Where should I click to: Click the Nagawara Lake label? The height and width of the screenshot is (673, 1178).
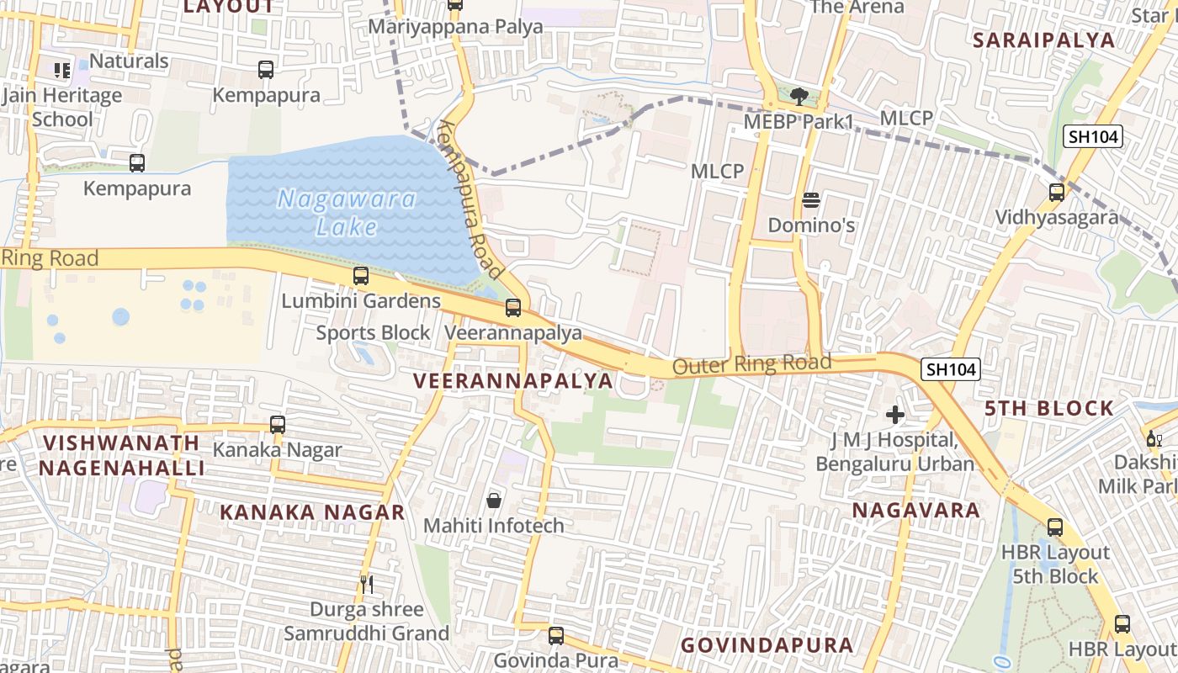coord(347,213)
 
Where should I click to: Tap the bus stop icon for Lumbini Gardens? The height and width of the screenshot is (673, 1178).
coord(361,275)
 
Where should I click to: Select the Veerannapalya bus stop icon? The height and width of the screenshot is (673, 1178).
coord(513,308)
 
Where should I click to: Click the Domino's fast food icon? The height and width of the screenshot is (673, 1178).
coord(811,200)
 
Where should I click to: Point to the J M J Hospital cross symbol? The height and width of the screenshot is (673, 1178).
coord(895,415)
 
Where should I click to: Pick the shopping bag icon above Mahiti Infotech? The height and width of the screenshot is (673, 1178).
coord(494,501)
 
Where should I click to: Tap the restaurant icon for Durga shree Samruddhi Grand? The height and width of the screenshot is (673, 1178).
coord(366,584)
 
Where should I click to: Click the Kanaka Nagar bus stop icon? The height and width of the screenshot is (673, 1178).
coord(278,425)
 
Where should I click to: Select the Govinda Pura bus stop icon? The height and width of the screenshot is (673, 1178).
coord(556,635)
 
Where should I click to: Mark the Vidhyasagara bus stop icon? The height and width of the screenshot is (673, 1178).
coord(1057,193)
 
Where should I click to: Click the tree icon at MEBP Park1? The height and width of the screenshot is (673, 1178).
coord(799,96)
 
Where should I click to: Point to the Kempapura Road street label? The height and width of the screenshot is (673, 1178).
coord(470,199)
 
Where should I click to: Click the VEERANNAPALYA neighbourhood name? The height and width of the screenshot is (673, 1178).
coord(513,381)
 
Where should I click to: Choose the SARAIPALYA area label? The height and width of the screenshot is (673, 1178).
coord(1043,40)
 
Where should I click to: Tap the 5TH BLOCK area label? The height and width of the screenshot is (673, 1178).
coord(1049,409)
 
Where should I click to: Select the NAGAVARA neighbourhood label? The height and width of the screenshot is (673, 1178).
coord(916,511)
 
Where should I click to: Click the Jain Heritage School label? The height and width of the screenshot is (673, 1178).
coord(62,108)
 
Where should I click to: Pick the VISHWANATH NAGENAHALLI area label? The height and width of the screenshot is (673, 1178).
coord(122,455)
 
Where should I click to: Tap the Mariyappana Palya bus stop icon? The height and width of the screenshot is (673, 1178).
coord(455,4)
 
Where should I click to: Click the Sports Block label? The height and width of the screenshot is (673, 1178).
coord(373,333)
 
